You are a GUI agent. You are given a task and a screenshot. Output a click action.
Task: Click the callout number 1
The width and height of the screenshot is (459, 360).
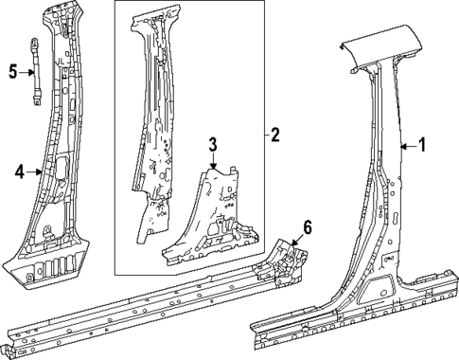click(423, 145)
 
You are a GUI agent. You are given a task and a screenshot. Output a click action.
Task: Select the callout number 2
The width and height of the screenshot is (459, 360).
click(274, 135)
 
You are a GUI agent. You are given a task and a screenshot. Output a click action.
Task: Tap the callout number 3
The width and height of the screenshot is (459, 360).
click(213, 143)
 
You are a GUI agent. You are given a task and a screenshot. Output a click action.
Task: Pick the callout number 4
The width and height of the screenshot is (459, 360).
click(19, 171)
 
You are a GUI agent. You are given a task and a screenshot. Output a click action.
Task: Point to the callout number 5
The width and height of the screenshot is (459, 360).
click(12, 70)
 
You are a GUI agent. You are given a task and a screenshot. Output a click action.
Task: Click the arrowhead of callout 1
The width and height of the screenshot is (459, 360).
click(402, 146)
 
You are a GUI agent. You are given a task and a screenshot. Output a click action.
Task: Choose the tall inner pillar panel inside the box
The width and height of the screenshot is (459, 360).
click(156, 123)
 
